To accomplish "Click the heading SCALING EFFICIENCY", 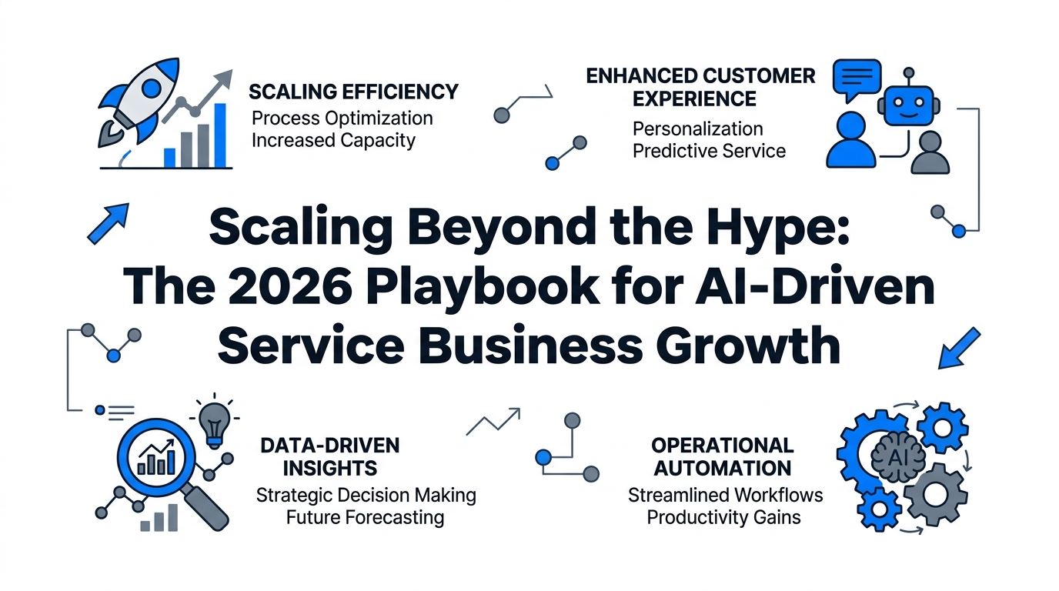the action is coord(353,92).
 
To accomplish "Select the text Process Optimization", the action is coord(342,119).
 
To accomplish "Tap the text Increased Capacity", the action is coord(333,140).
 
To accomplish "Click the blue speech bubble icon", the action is coord(857,79).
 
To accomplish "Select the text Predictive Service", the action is coord(709,152).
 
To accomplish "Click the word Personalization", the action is coord(698,129).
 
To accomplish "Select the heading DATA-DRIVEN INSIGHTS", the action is coord(330,457).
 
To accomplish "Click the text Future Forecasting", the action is coord(365,517).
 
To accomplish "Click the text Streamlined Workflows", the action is coord(725,496).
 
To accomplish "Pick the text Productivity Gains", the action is coord(723,518).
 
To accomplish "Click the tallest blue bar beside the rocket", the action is coord(220,135).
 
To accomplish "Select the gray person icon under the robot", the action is coord(930,152).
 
